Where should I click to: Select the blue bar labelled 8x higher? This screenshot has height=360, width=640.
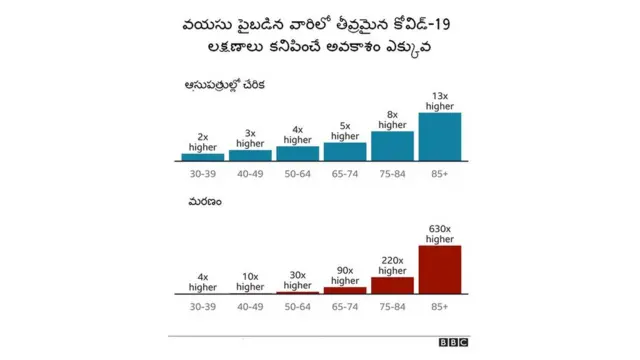pos(392,146)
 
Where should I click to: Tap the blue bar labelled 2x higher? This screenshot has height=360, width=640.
pos(203,157)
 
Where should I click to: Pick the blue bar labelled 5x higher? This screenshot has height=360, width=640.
pos(345,151)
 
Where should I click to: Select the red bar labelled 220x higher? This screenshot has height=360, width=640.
pos(392,285)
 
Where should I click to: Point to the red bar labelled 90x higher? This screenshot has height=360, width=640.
pos(345,290)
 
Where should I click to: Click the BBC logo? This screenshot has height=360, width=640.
pos(453,342)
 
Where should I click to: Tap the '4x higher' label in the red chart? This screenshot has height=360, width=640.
pos(203,281)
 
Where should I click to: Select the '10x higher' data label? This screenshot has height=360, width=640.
pos(250,281)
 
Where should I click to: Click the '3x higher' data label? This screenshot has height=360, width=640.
pos(250,138)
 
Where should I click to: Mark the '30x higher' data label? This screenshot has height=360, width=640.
pos(298,280)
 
